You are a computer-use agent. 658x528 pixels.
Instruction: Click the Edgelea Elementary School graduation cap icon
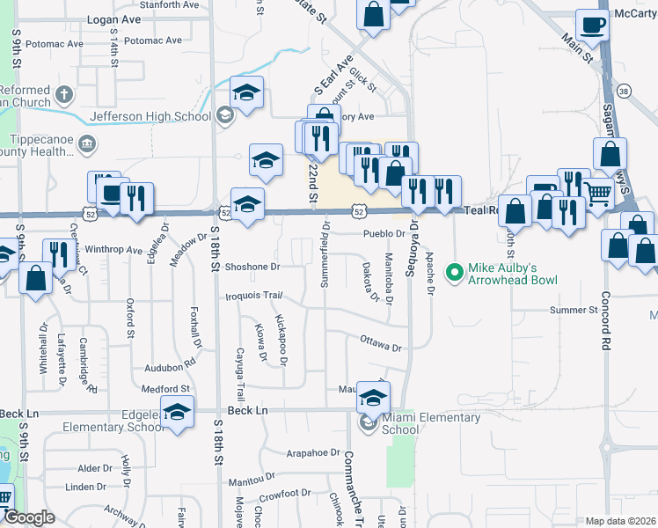(177, 413)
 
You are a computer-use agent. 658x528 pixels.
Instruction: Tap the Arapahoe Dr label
(312, 452)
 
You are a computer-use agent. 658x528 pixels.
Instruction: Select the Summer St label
(574, 310)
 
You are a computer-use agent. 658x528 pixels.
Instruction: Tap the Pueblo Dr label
(384, 234)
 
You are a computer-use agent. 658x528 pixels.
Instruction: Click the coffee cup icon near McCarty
(592, 26)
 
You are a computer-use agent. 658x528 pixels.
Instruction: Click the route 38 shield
(624, 92)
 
